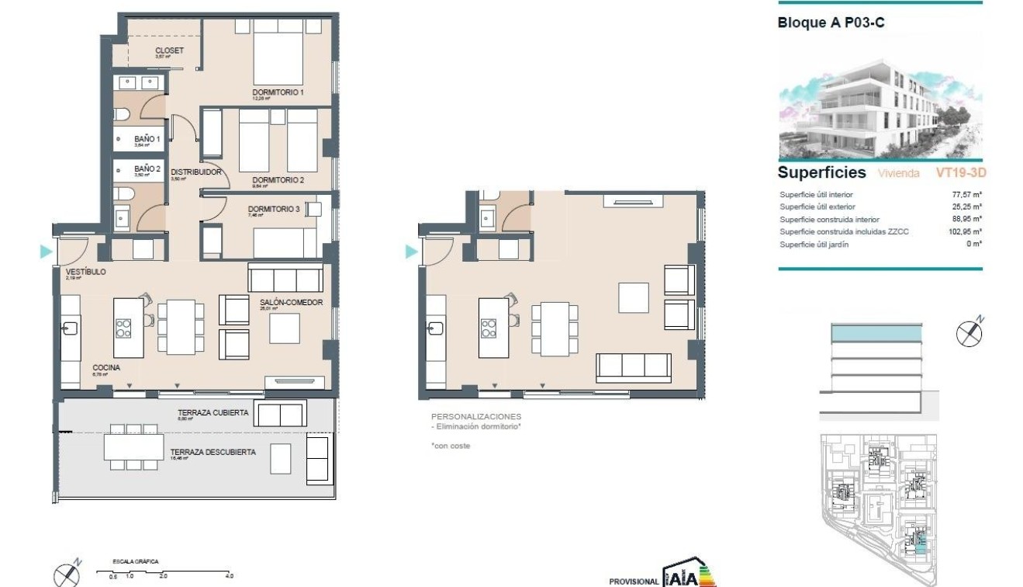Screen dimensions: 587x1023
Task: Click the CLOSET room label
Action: click(x=169, y=50)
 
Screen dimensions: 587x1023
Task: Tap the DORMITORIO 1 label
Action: click(x=278, y=92)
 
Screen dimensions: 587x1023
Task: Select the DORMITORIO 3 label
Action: click(x=273, y=209)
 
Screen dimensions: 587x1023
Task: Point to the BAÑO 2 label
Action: click(x=147, y=168)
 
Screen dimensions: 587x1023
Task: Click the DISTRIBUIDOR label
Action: click(x=196, y=172)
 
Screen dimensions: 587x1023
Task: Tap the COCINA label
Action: click(x=105, y=368)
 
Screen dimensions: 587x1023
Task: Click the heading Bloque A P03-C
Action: click(x=831, y=23)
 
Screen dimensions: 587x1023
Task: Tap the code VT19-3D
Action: click(x=961, y=173)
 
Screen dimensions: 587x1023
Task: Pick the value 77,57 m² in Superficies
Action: click(x=967, y=195)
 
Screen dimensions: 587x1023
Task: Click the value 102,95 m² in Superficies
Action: click(x=966, y=231)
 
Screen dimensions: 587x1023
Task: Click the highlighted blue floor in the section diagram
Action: click(x=876, y=334)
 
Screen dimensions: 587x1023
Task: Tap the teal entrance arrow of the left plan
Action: click(x=46, y=252)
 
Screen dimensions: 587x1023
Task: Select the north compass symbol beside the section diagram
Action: click(x=969, y=332)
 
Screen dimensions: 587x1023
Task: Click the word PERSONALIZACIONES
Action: click(x=475, y=417)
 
